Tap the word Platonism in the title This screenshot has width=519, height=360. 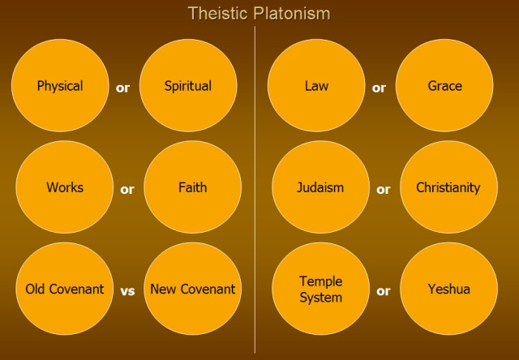click(x=292, y=14)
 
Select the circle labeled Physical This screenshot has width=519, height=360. click(x=60, y=85)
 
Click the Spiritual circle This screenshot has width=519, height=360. click(x=188, y=85)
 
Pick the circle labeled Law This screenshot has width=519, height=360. click(x=316, y=85)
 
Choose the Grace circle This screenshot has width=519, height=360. click(x=444, y=85)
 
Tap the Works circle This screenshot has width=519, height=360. click(x=65, y=187)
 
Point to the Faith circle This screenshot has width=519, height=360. click(x=193, y=187)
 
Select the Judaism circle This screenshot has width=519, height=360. click(x=320, y=187)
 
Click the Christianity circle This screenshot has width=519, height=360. click(x=448, y=187)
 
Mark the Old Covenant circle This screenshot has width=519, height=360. click(x=65, y=289)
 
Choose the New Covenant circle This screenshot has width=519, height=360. click(x=193, y=289)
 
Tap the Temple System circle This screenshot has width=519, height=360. click(x=320, y=289)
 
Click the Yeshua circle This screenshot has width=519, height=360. click(x=448, y=289)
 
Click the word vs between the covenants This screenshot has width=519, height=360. click(x=127, y=291)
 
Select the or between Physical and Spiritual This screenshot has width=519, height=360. click(x=122, y=88)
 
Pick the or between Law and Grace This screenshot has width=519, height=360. click(x=379, y=88)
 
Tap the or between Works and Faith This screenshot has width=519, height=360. click(x=127, y=190)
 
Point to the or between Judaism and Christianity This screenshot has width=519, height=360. click(x=384, y=190)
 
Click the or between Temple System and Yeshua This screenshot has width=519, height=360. click(x=384, y=291)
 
